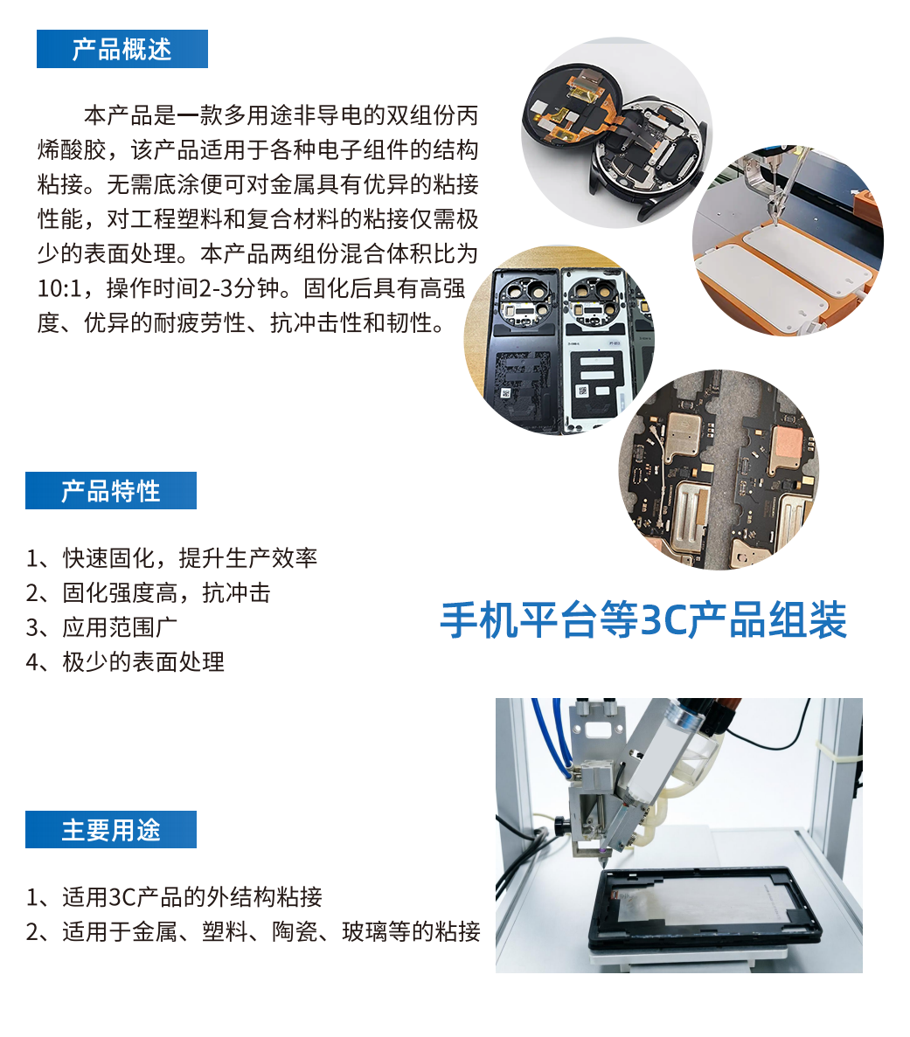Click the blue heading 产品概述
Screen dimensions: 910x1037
coord(122,50)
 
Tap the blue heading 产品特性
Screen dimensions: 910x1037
coord(110,491)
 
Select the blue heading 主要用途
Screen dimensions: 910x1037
coord(110,829)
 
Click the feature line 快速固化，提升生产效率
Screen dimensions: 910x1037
coord(171,558)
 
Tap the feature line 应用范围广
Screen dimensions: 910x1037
coord(101,627)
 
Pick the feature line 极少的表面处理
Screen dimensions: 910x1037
coord(125,661)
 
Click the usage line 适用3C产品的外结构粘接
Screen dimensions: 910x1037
coord(174,897)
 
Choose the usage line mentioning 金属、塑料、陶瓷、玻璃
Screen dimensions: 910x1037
coord(253,931)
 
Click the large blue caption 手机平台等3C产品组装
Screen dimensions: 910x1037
coord(643,619)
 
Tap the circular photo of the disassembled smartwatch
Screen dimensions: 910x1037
coord(617,132)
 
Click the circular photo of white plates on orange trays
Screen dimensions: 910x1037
coord(788,241)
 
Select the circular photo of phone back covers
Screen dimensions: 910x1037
coord(559,340)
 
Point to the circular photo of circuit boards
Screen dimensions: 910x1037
coord(719,469)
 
